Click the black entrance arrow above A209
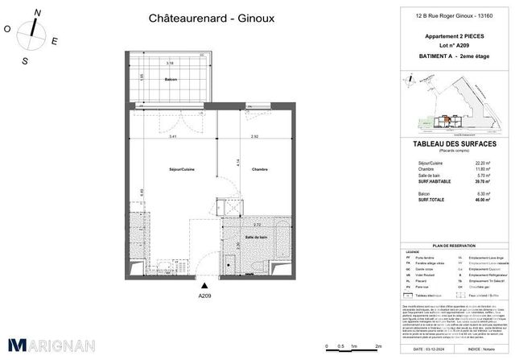click(x=204, y=285)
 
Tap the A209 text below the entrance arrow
click(x=204, y=296)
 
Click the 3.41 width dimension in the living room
click(x=163, y=138)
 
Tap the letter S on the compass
click(x=26, y=60)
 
